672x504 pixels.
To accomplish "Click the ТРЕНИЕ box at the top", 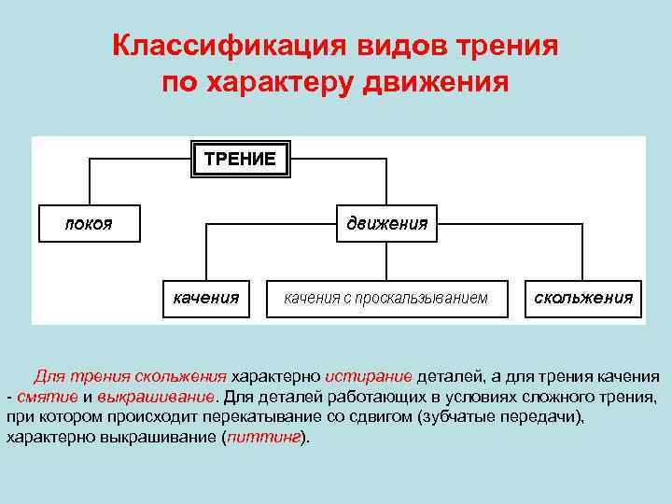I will click(x=241, y=159).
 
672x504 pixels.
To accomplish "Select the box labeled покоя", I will click(x=89, y=223).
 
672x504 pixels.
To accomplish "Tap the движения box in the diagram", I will click(x=386, y=223).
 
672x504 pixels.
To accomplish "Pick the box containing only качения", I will click(x=206, y=298).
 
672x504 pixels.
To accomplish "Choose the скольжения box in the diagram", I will click(x=583, y=298).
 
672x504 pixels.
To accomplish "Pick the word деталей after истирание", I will click(x=448, y=376).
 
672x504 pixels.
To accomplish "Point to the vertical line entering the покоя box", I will click(x=89, y=182).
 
